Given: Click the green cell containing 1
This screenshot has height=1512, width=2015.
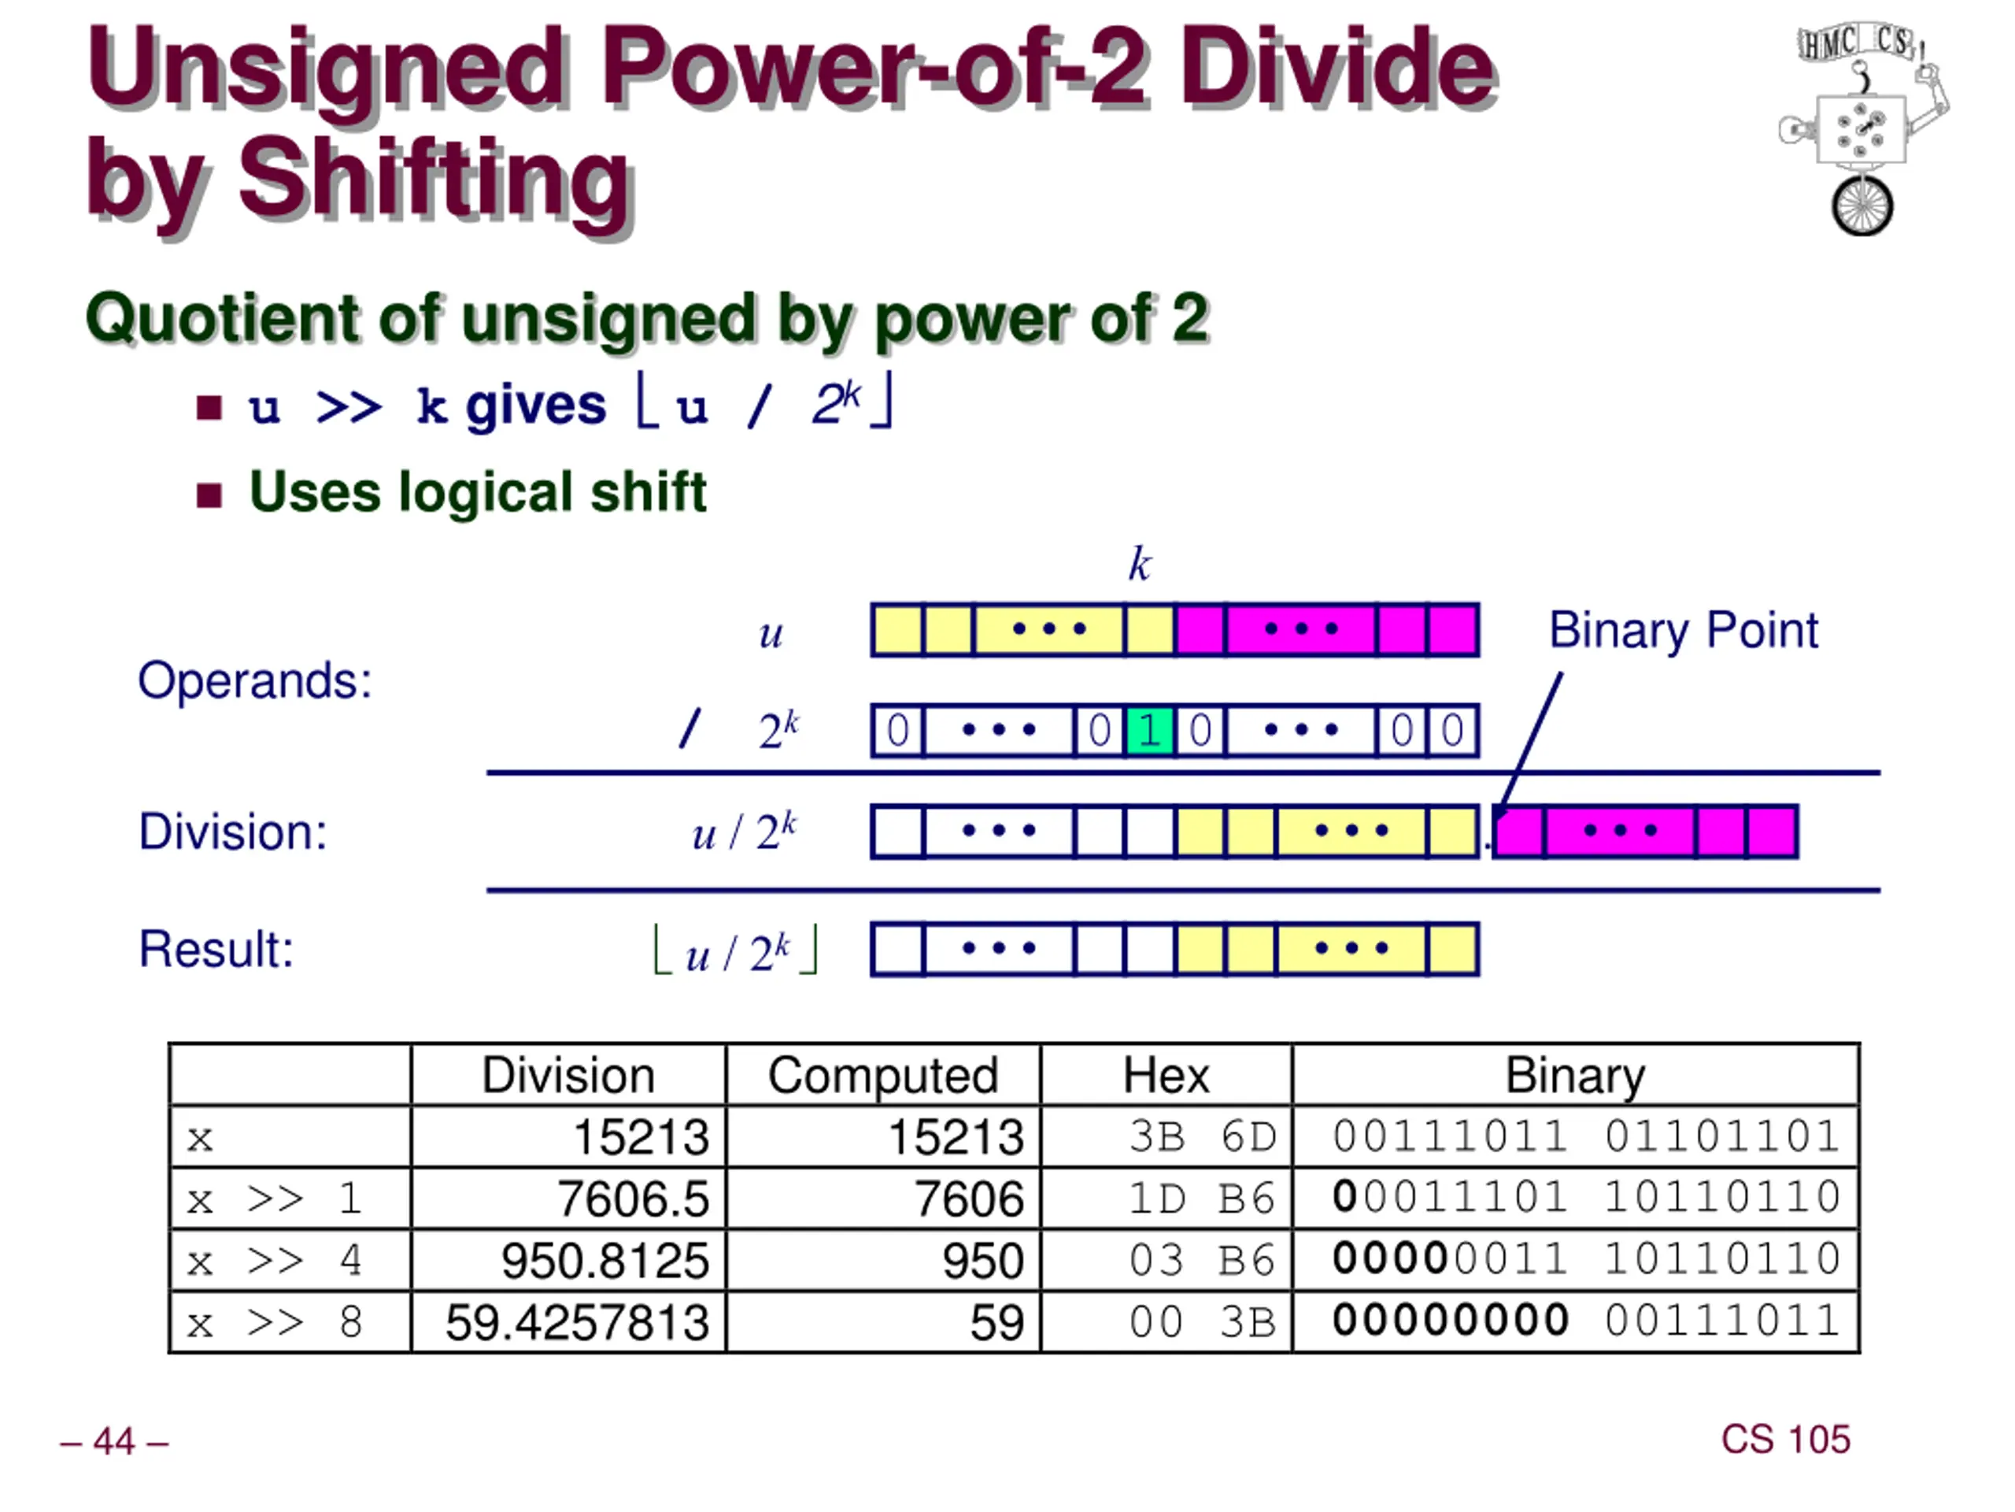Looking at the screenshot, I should pyautogui.click(x=1150, y=731).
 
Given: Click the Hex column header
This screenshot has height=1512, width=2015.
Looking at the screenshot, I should pyautogui.click(x=1166, y=1077).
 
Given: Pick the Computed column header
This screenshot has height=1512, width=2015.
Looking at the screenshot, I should pyautogui.click(x=882, y=1077).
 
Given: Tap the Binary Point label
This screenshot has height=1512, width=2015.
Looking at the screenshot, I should pyautogui.click(x=1684, y=631).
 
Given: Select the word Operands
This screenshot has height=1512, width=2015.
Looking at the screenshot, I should pyautogui.click(x=255, y=682).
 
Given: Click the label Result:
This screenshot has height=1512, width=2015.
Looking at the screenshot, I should pyautogui.click(x=216, y=950).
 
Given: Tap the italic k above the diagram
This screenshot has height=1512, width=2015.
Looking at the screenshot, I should pyautogui.click(x=1140, y=565).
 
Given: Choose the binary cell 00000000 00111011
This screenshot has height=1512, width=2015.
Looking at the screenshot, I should pyautogui.click(x=1586, y=1321).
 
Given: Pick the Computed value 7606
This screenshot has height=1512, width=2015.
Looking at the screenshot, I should pyautogui.click(x=969, y=1199).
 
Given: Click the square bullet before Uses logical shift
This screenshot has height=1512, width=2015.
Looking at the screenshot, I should pyautogui.click(x=209, y=496).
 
